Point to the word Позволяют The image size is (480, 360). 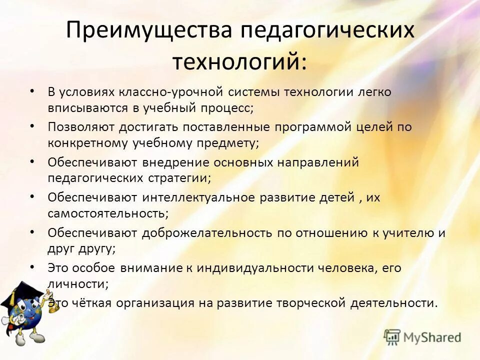81,127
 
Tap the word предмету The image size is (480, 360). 228,142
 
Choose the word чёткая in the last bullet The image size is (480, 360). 95,303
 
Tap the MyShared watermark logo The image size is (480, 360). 422,337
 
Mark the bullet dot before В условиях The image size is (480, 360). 32,91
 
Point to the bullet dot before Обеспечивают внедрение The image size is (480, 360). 32,161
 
